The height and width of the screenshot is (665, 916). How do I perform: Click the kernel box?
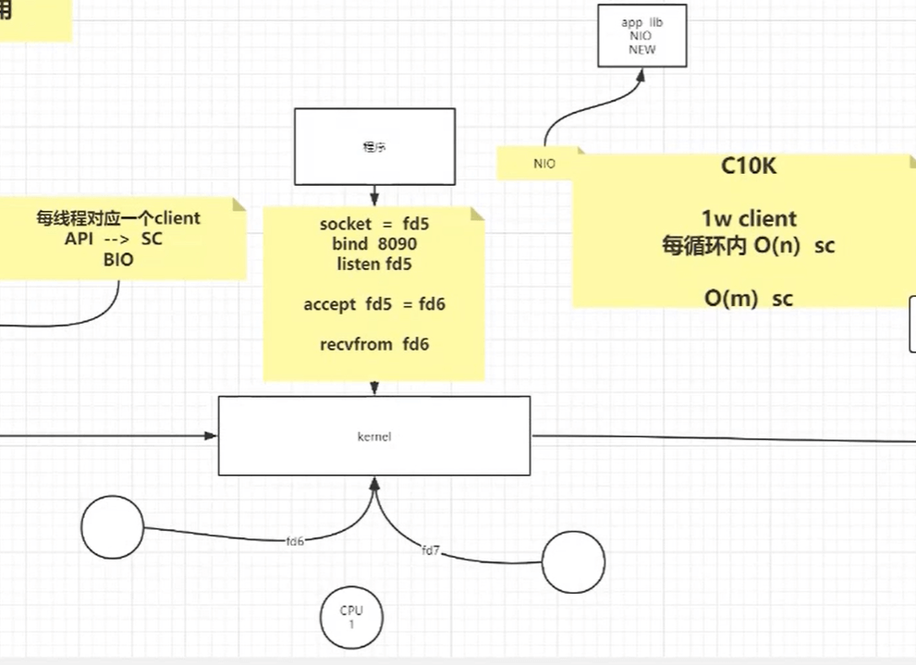[373, 436]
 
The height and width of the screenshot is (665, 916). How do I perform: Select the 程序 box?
[374, 146]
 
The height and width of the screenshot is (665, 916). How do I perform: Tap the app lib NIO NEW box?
[641, 35]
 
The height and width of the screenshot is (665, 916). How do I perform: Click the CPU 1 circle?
[351, 617]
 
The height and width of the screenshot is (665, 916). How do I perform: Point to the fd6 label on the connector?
[296, 541]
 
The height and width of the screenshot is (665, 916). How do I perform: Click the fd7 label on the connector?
[431, 550]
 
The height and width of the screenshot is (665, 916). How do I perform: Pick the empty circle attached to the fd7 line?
[573, 561]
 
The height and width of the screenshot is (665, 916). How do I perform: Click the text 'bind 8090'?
[374, 244]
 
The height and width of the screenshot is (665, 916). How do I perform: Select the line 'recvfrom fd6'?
[374, 344]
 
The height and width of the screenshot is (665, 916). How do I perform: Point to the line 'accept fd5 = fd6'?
[374, 304]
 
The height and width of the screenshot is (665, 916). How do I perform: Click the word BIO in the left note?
[118, 260]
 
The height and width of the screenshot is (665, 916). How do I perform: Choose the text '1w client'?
[748, 219]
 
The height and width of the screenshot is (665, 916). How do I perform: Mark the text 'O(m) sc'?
[748, 298]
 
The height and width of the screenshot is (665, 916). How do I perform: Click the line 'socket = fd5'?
[374, 224]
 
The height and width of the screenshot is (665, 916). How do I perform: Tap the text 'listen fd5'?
[374, 264]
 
